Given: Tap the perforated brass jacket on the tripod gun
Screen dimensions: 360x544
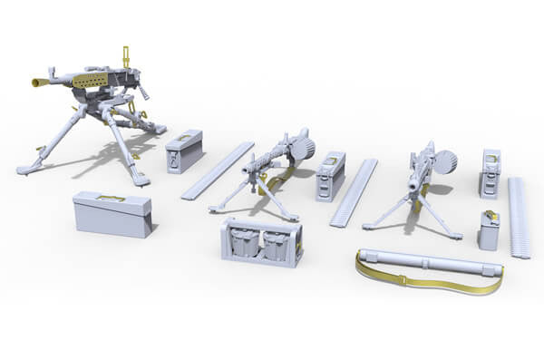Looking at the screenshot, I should tap(92, 82).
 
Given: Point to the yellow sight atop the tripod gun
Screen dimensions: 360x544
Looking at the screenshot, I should tap(125, 56).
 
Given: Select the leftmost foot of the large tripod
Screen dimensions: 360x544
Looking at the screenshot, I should tap(23, 169).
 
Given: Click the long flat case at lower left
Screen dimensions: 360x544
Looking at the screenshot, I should tap(112, 214).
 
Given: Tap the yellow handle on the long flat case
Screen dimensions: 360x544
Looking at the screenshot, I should tap(112, 197).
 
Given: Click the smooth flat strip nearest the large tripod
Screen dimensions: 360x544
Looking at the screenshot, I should tap(218, 170).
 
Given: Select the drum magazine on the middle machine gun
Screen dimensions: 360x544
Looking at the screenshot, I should tap(303, 146).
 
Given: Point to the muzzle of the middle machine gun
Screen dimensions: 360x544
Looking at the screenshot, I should tap(246, 170).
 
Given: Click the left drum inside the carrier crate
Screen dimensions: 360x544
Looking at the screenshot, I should tap(242, 243).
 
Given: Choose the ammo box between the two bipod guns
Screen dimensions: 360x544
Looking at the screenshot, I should tap(330, 175).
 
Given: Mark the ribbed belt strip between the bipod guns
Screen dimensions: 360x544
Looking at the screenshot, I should tap(353, 192).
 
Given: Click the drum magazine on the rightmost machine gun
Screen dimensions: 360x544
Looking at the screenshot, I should tap(445, 161).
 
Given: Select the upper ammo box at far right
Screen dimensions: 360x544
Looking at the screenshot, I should tap(490, 172).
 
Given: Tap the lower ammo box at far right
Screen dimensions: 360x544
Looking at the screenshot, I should tap(489, 230).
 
